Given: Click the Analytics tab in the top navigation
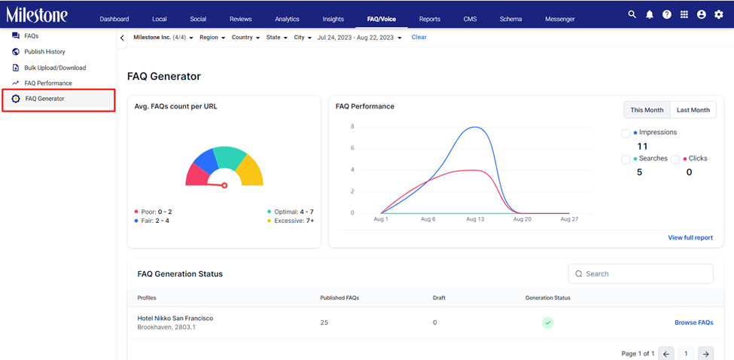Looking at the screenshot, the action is coord(287,19).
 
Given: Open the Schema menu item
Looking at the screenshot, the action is coord(510,19).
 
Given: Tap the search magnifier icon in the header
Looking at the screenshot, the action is coord(632,14).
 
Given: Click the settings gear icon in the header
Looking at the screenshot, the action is coord(718,14).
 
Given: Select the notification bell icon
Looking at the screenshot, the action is coord(649,14).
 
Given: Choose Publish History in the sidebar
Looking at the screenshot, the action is coord(44,52).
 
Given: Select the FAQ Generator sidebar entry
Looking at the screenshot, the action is coord(45,99).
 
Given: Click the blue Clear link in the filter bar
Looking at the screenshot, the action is coord(419,37).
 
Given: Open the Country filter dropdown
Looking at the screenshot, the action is coord(245,38).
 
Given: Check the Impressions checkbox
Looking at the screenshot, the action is coord(626,134).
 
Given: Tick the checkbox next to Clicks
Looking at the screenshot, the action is coord(675,160).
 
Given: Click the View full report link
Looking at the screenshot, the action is coord(690,238).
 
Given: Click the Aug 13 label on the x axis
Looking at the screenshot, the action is coord(475,219).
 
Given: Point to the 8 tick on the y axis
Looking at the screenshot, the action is coord(352,127).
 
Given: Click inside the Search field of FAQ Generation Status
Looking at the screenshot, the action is coord(641,274).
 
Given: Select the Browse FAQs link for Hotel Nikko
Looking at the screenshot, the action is coord(694,322).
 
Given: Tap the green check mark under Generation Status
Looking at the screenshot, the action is coord(548,322).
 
